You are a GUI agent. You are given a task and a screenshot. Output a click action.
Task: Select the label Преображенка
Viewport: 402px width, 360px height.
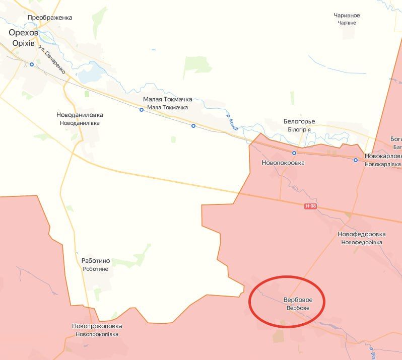[x=50, y=17]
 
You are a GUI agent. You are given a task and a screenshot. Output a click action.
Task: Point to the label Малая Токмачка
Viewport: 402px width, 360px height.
[x=167, y=99]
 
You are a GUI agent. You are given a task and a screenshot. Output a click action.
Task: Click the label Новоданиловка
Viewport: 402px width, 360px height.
[x=80, y=115]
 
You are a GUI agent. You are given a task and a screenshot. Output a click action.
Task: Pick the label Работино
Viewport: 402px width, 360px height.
[x=96, y=261]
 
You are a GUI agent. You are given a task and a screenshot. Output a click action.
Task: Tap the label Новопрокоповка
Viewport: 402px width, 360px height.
[x=97, y=326]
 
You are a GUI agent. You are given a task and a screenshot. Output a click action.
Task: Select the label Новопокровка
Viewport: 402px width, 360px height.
[x=283, y=163]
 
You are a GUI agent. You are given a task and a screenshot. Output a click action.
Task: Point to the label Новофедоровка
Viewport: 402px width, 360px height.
[x=361, y=234]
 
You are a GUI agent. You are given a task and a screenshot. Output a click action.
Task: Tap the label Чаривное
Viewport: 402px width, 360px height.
[x=347, y=15]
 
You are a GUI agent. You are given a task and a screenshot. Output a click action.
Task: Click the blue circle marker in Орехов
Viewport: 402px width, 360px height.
[x=32, y=64]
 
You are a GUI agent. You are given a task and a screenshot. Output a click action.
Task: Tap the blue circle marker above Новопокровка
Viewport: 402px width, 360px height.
[x=294, y=153]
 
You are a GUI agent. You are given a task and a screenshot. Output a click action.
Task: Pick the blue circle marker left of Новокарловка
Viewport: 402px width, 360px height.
[x=356, y=160]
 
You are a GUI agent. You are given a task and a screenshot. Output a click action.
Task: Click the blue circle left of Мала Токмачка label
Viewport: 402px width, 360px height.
[x=142, y=109]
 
